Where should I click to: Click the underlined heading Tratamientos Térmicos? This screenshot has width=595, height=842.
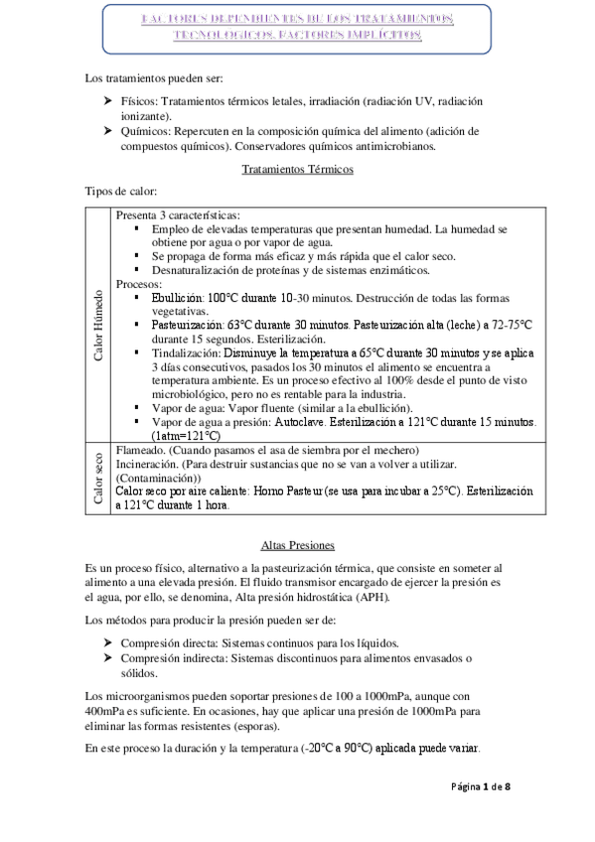click(297, 169)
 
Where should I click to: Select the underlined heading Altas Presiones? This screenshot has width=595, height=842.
click(297, 545)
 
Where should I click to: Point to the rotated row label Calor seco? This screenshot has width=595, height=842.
click(98, 481)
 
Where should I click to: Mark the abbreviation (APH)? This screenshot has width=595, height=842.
click(372, 596)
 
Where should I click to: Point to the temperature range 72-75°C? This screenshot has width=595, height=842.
click(509, 325)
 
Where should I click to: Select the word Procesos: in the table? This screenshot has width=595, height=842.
click(141, 283)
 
